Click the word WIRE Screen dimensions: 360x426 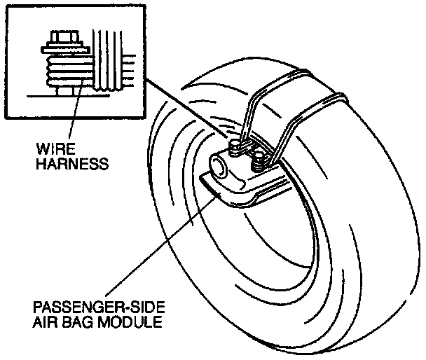pyautogui.click(x=55, y=149)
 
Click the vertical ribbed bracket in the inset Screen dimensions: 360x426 pyautogui.click(x=107, y=60)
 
